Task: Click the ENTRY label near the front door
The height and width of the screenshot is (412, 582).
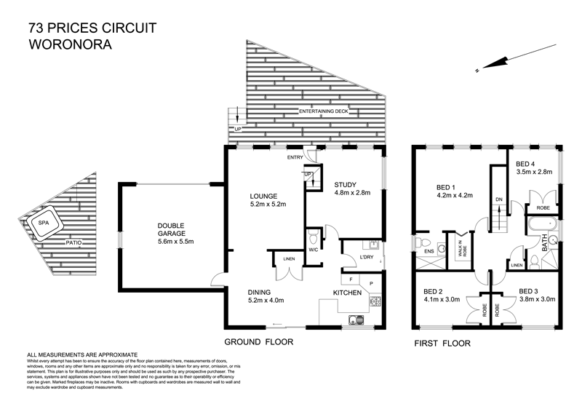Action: click(295, 157)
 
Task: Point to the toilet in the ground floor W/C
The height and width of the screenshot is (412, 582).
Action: click(313, 238)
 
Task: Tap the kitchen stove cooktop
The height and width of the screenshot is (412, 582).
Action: click(375, 301)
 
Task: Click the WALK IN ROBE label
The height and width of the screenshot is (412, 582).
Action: click(460, 243)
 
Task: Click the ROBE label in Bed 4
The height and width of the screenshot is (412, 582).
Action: click(542, 207)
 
